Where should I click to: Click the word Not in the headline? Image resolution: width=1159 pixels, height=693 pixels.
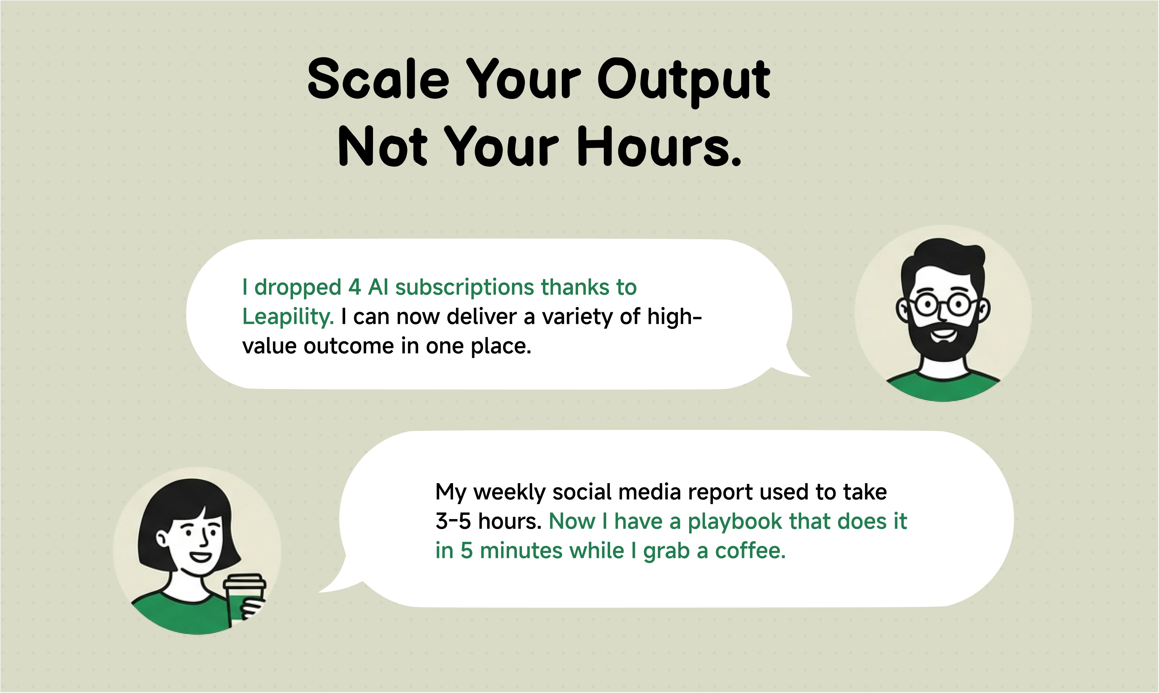[x=383, y=146]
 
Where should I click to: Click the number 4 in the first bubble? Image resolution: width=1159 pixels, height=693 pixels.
[x=355, y=287]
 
